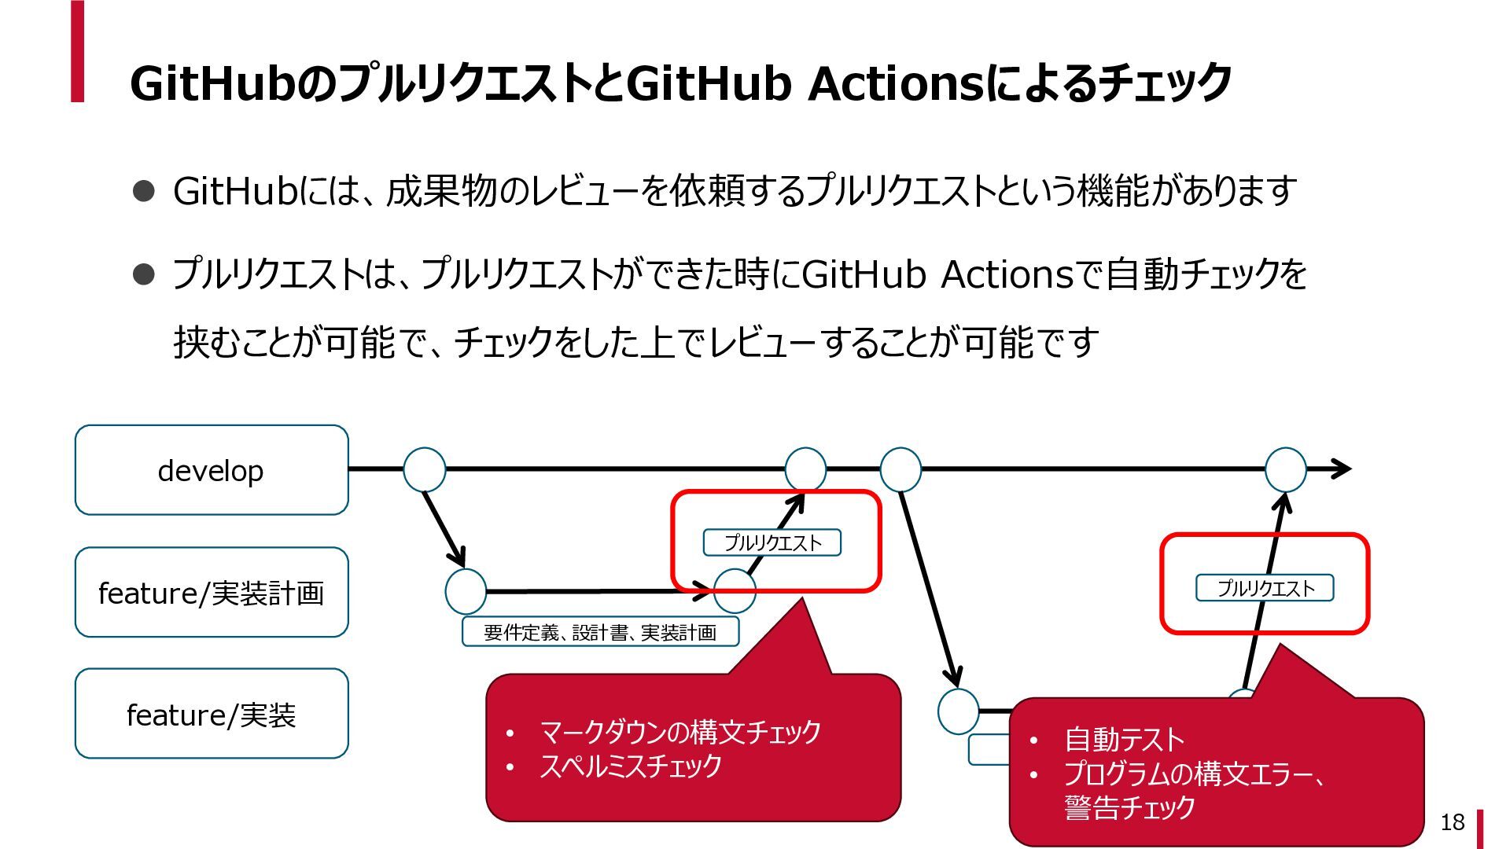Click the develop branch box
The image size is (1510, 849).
pos(212,470)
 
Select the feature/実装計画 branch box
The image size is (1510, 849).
pos(212,592)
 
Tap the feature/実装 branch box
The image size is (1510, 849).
pos(212,714)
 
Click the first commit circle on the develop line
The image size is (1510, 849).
pos(425,469)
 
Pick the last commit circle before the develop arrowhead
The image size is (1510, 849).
pos(1285,469)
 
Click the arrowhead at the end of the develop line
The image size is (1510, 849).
pos(1342,469)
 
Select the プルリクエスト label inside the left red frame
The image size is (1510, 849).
pos(772,542)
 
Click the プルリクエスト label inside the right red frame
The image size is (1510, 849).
pos(1265,588)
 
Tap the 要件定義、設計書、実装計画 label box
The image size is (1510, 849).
pos(600,632)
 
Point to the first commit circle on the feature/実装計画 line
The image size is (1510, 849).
pos(466,592)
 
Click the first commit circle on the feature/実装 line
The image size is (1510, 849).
pos(959,711)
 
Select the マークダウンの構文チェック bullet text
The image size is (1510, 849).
pos(680,732)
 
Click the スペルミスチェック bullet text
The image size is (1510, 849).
pos(631,766)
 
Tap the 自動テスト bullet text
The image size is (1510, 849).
pos(1124,740)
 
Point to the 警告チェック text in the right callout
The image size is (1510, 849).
pos(1129,807)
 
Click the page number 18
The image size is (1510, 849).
pos(1452,822)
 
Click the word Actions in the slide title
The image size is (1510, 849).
pos(896,83)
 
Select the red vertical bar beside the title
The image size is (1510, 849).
pos(77,52)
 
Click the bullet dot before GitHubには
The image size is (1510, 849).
pos(144,191)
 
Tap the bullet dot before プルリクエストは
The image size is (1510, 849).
pos(144,274)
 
